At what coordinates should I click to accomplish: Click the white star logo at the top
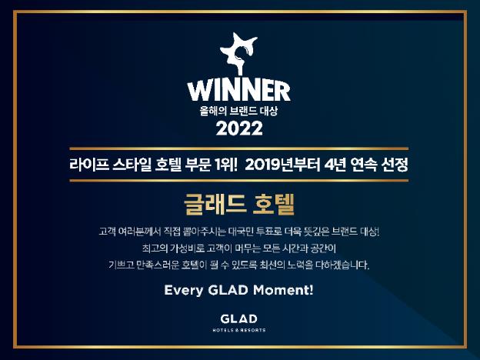[241, 53]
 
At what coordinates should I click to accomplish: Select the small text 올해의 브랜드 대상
[239, 110]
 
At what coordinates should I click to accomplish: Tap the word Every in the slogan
[183, 291]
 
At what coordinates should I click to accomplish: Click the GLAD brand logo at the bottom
[239, 318]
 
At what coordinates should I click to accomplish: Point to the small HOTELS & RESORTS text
[239, 330]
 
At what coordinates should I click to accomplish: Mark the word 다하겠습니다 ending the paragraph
[343, 266]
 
